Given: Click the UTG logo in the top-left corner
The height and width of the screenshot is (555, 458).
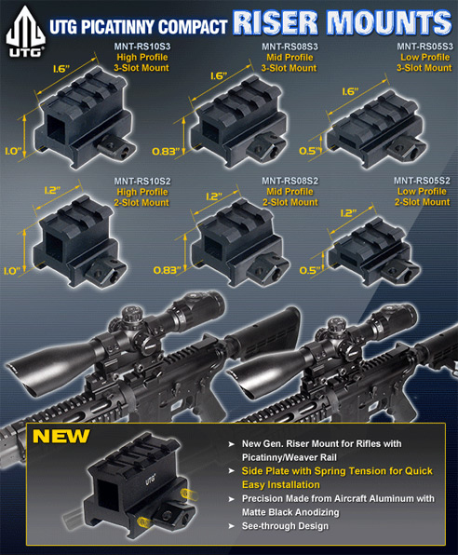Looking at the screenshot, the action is [25, 31].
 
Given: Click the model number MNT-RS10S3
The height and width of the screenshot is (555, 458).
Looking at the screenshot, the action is [141, 47].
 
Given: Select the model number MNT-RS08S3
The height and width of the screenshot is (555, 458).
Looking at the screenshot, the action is [290, 47].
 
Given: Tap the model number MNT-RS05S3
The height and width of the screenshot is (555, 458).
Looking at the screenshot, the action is [424, 47].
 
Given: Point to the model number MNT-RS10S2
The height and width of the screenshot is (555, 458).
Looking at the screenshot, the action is [142, 182].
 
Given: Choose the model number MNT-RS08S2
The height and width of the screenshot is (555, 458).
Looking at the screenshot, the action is [290, 181].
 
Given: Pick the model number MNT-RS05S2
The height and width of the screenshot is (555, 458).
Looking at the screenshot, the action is [422, 181].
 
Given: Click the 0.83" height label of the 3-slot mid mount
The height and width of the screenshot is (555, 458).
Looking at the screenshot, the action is [166, 152].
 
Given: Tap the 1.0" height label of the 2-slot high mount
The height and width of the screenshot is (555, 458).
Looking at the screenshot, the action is [13, 271].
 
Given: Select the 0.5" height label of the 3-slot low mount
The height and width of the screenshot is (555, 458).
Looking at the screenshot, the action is [309, 151].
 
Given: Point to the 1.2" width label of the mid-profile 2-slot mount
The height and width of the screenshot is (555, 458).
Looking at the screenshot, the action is [214, 196].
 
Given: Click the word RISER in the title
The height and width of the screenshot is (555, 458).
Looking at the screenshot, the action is [276, 22].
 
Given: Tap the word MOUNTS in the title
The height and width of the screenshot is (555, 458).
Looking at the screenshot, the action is [388, 22].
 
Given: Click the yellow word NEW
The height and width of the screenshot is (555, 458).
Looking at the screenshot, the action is [61, 437].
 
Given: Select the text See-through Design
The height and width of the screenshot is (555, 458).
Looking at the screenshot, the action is [285, 526].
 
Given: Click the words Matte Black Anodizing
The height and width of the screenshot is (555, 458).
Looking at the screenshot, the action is [290, 512].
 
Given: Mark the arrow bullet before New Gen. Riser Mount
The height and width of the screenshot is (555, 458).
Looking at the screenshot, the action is [231, 444].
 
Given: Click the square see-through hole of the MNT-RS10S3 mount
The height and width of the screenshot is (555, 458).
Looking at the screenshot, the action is [56, 128].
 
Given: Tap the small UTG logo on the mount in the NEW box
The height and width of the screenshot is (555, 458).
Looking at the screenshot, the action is [151, 480].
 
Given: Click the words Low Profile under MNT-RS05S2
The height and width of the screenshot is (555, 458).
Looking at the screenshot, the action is [422, 191].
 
